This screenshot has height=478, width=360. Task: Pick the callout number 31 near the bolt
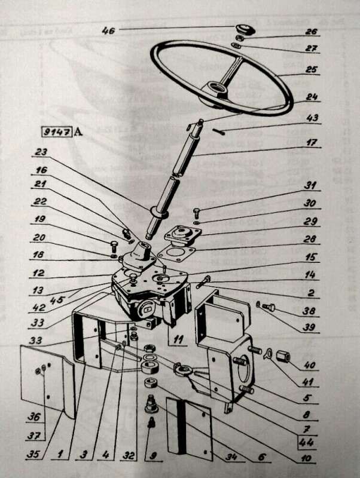point(310,185)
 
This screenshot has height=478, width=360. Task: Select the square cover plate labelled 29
point(185,234)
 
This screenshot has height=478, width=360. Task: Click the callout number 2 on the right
point(310,293)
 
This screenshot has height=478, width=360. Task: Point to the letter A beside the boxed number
point(78,132)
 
